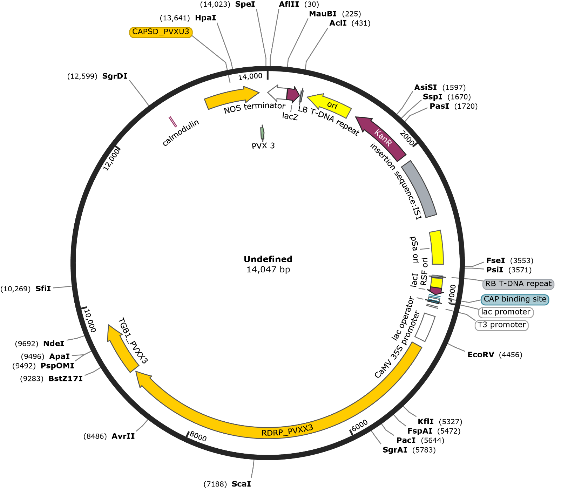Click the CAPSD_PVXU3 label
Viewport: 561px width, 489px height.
coord(161,32)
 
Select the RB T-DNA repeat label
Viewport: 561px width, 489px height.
coord(518,284)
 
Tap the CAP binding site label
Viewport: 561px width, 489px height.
coord(514,299)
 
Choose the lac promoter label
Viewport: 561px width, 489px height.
coord(505,312)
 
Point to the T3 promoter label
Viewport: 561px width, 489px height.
coord(502,325)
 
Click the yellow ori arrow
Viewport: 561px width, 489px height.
coord(330,105)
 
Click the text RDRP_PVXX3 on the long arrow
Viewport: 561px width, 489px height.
coord(287,431)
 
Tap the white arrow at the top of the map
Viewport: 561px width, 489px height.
coord(278,93)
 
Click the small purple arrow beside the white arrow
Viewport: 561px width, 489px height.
coord(293,94)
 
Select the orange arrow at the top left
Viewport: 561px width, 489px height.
coord(231,97)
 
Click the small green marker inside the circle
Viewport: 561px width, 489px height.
coord(262,133)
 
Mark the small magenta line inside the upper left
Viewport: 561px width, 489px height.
coord(173,122)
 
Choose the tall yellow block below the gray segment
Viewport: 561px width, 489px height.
coord(437,247)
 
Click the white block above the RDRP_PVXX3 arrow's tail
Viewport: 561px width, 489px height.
coord(425,327)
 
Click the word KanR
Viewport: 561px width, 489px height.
coord(383,138)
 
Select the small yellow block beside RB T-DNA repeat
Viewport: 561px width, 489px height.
coord(437,282)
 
